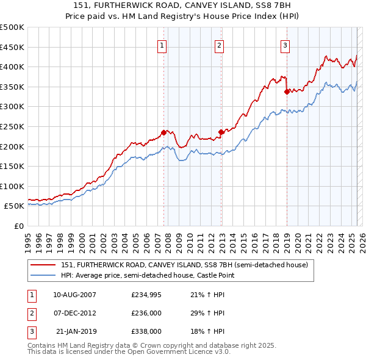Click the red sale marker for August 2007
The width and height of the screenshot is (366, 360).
pos(163,132)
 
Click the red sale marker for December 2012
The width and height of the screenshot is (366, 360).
pos(221,132)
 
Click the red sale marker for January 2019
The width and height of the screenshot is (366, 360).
pos(287,92)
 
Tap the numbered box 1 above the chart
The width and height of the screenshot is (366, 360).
pos(162,44)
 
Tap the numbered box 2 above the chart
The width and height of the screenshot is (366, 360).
pos(219,44)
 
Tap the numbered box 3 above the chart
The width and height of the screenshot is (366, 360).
pos(285,44)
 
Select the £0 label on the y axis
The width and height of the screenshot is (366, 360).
pos(18,226)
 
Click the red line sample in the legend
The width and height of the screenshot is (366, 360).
pos(44,265)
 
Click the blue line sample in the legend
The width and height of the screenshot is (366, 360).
pos(44,275)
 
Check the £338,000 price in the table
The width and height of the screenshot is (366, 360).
pos(146,331)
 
